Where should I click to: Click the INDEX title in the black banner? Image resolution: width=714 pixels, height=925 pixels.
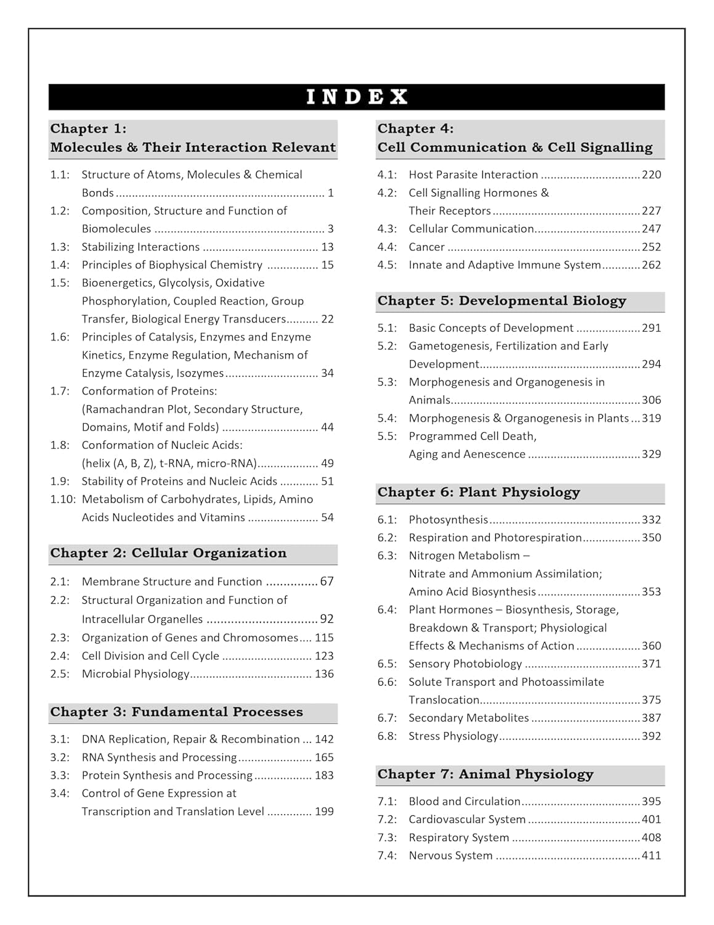(357, 97)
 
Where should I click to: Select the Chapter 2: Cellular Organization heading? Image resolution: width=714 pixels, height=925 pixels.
(168, 553)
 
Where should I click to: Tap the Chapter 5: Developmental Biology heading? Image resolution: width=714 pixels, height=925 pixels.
(501, 301)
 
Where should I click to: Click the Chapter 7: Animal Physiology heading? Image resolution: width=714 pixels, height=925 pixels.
(485, 775)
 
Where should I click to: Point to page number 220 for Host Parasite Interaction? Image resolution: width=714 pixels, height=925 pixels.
(651, 175)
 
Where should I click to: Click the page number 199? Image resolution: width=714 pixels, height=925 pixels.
(324, 812)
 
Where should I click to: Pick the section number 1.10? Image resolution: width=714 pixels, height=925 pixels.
(62, 499)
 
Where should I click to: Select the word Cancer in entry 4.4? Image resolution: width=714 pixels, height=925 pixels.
(426, 247)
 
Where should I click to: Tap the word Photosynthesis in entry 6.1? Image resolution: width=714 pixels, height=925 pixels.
(448, 520)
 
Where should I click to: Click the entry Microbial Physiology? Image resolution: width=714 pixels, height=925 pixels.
(136, 674)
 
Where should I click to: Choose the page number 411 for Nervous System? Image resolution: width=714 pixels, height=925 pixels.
(651, 856)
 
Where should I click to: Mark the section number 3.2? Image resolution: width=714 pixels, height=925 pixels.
(60, 757)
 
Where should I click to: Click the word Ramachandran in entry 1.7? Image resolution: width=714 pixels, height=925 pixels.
(117, 409)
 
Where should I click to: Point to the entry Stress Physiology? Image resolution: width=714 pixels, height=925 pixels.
(453, 736)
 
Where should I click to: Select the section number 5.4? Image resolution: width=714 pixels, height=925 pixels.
(387, 419)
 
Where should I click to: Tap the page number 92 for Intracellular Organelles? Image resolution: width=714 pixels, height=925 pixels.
(327, 619)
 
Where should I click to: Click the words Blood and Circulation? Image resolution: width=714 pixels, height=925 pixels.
(465, 802)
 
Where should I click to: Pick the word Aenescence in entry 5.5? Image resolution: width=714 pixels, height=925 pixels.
(494, 454)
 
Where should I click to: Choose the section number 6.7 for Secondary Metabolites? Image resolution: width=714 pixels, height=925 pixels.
(387, 718)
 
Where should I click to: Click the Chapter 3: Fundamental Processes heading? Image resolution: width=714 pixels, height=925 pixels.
(176, 712)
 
